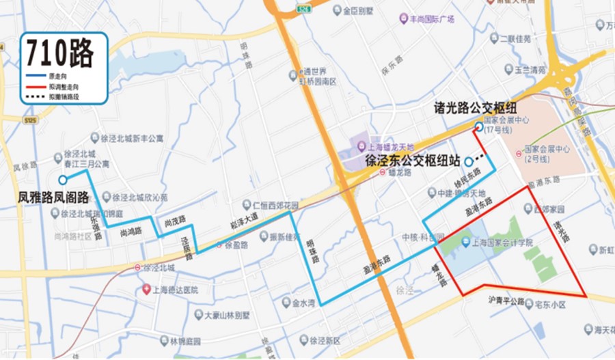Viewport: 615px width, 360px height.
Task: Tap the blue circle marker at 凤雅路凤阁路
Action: click(x=62, y=180)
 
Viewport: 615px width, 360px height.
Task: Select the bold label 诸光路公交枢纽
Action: click(x=474, y=108)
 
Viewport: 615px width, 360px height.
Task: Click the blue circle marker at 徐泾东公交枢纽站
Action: click(x=468, y=161)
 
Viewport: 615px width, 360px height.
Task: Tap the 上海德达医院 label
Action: click(x=174, y=290)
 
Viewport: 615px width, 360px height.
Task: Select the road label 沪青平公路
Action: click(x=506, y=301)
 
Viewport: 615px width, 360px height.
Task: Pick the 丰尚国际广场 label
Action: click(x=430, y=19)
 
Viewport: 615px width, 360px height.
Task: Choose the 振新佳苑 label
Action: click(x=284, y=238)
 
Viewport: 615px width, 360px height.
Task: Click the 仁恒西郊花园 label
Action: click(x=275, y=205)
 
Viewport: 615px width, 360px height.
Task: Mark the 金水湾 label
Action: click(x=303, y=303)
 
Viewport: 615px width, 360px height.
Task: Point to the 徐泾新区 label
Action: click(x=324, y=340)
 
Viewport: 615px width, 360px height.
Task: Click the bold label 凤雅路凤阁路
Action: click(x=53, y=198)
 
